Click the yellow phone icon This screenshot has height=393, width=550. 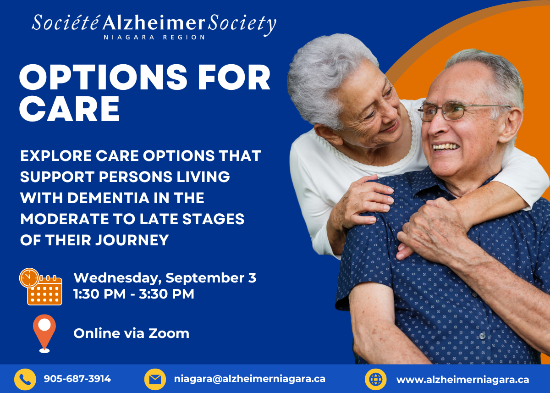coord(25,380)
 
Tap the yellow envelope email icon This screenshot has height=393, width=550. coord(155,380)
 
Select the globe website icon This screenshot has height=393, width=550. coord(376,380)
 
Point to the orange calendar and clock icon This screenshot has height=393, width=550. coord(41,287)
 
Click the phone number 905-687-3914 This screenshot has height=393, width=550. coord(77,379)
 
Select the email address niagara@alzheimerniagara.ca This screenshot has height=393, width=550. coord(250,379)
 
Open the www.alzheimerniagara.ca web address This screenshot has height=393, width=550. coord(463,380)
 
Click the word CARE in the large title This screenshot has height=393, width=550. coord(70,109)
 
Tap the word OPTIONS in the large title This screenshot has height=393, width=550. coord(103,77)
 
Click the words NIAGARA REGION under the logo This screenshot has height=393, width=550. coord(154,37)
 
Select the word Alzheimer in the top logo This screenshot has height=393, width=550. coord(154,22)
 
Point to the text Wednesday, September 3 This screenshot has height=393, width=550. coord(165,278)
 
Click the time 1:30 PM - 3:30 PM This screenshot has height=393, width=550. coord(134,294)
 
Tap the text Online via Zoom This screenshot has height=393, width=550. coord(132,333)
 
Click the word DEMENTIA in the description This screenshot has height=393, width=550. coord(108,198)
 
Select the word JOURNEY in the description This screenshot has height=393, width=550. coord(132,240)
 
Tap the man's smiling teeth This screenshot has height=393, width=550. coord(445,147)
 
